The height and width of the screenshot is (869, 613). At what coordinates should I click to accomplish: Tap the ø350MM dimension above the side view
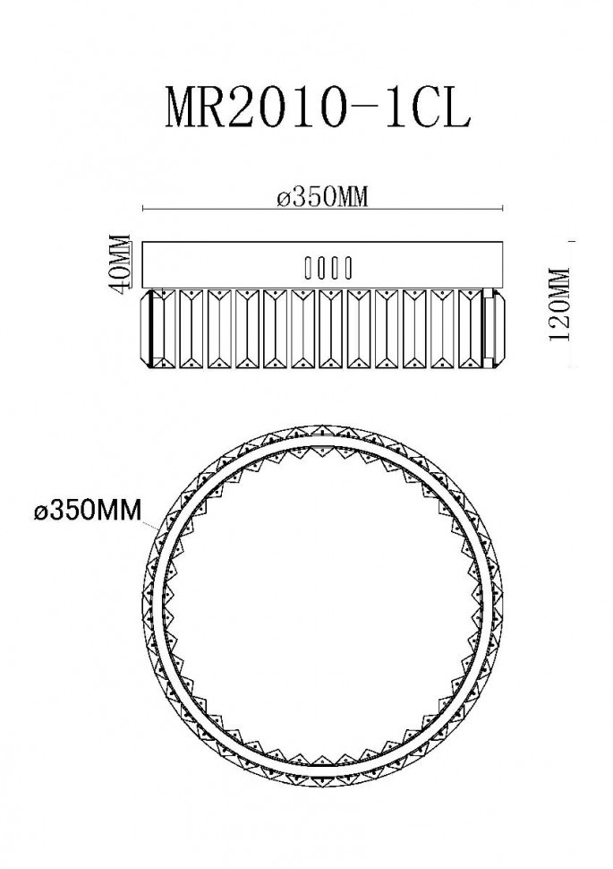click(x=323, y=197)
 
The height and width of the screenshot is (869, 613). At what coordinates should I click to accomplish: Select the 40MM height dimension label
click(x=121, y=261)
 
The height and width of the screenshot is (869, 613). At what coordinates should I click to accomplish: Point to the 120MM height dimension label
click(x=559, y=305)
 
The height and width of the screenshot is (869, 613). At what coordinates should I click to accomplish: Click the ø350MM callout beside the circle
click(x=88, y=511)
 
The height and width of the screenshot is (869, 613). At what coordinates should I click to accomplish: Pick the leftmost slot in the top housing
click(x=308, y=268)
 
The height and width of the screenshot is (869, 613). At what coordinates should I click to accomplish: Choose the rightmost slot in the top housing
click(x=348, y=268)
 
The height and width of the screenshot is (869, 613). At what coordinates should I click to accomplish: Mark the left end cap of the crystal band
click(x=151, y=328)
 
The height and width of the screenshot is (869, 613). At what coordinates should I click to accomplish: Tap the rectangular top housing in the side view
click(x=322, y=265)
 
